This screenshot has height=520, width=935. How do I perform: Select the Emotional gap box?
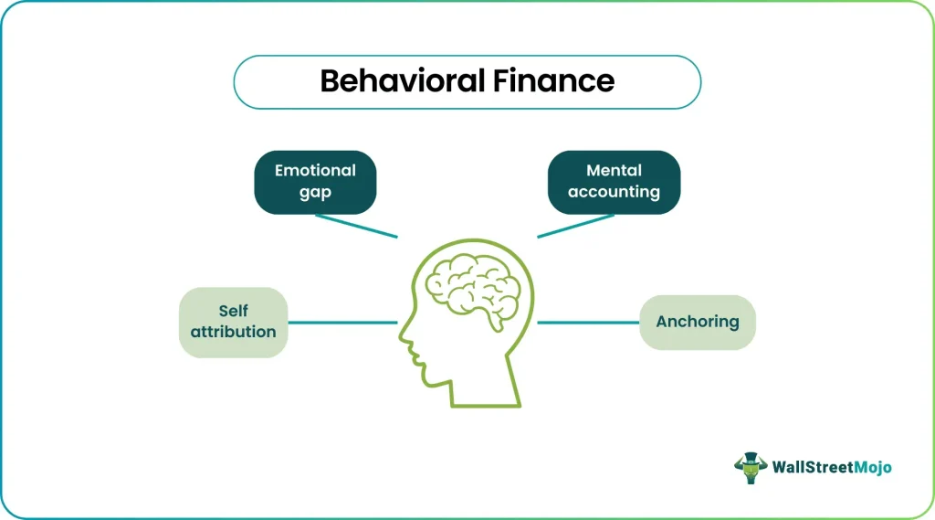pyautogui.click(x=315, y=182)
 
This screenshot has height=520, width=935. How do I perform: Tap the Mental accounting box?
pyautogui.click(x=614, y=182)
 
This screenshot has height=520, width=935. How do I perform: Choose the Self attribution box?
pyautogui.click(x=233, y=323)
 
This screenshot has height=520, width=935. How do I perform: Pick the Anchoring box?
pyautogui.click(x=697, y=323)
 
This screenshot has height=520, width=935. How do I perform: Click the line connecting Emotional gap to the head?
pyautogui.click(x=357, y=227)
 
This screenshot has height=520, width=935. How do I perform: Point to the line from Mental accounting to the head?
pyautogui.click(x=575, y=227)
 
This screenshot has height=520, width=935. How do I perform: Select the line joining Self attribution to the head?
pyautogui.click(x=343, y=323)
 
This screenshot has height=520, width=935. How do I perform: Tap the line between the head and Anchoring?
pyautogui.click(x=588, y=323)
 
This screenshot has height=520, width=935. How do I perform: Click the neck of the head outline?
pyautogui.click(x=485, y=388)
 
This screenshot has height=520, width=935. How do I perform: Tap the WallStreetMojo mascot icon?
pyautogui.click(x=751, y=468)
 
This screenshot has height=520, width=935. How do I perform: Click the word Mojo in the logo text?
pyautogui.click(x=872, y=468)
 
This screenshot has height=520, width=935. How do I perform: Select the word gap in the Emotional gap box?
pyautogui.click(x=315, y=193)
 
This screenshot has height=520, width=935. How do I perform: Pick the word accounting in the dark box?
pyautogui.click(x=614, y=192)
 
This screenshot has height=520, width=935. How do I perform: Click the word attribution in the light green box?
pyautogui.click(x=233, y=332)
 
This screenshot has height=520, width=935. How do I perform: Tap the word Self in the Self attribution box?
pyautogui.click(x=233, y=311)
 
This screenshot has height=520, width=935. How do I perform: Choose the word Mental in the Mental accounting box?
pyautogui.click(x=614, y=171)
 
